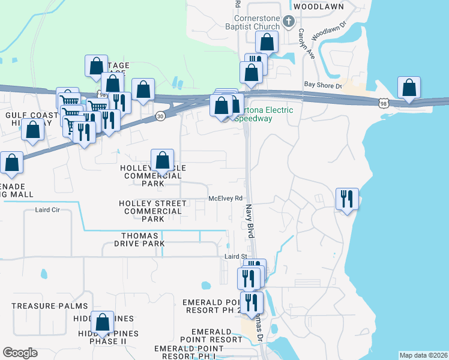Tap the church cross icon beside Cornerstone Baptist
click(289, 22)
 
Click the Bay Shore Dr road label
click(322, 85)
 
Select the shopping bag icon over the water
click(409, 88)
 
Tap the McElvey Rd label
click(225, 198)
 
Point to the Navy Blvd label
click(250, 221)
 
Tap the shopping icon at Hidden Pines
click(102, 323)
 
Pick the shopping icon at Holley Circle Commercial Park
click(162, 160)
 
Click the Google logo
click(20, 353)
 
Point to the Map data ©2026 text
click(423, 355)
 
